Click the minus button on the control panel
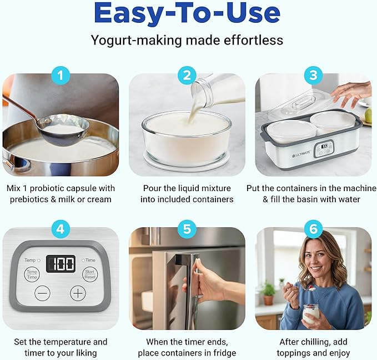(x=42, y=293)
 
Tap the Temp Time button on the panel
(x=32, y=273)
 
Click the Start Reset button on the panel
(x=90, y=273)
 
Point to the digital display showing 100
(x=61, y=263)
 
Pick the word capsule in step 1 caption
(x=83, y=188)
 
